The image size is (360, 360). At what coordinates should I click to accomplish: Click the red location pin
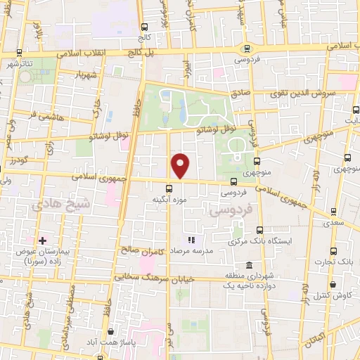tap(181, 166)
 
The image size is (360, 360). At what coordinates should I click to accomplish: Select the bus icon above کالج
tap(144, 27)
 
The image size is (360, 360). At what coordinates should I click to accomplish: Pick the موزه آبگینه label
tap(169, 200)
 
